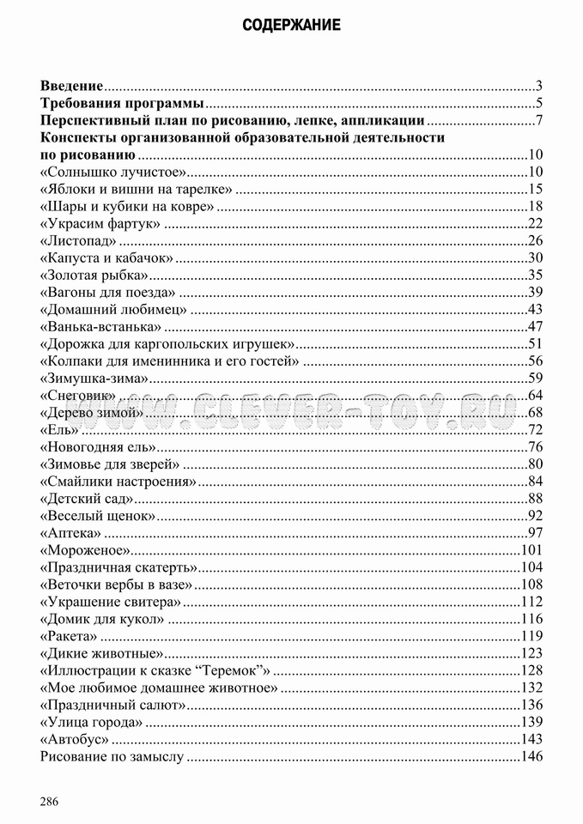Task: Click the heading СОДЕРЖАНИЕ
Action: point(291,25)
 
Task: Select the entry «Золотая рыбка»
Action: point(94,275)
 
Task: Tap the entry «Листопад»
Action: point(78,239)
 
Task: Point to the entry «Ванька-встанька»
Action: point(100,326)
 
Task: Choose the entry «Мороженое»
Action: point(84,550)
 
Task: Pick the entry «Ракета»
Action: point(69,636)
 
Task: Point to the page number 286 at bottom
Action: point(49,802)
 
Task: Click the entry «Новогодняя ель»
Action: point(97,446)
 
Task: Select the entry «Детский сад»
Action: point(87,499)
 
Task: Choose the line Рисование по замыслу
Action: point(112,756)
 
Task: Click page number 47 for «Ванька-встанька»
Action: point(536,326)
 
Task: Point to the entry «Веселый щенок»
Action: point(98,516)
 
